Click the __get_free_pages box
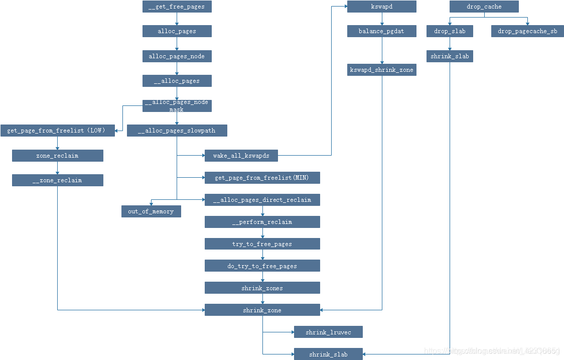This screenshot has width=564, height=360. coord(177,7)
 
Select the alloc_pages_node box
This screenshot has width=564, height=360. coord(177,56)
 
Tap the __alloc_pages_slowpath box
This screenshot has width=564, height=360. coord(177,131)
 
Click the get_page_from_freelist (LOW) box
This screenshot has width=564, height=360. coord(58,131)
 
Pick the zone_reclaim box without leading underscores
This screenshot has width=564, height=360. coord(58,156)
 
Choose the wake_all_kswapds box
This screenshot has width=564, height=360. coord(241,156)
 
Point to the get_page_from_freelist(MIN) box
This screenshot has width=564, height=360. coord(262,178)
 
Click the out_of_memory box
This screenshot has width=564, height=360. coord(151,211)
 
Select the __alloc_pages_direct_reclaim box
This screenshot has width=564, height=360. coord(262,200)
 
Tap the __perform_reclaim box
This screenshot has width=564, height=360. coord(262,222)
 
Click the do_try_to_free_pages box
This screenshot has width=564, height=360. coord(262,266)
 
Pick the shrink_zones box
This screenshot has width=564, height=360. coord(262,288)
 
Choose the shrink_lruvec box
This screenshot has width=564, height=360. coord(328,332)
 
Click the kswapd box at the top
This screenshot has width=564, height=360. coord(382,7)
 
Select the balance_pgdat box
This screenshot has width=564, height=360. coord(382,31)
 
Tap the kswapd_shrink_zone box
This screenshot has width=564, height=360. coord(382,70)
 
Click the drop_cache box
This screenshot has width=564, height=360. coord(484,7)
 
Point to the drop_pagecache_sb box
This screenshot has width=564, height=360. coord(527,31)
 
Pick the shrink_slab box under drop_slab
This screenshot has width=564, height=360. coord(450,56)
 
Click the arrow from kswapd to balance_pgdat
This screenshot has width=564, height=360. coord(382,19)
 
